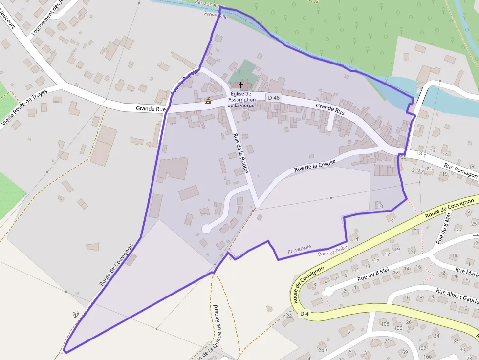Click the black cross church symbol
(x=240, y=85)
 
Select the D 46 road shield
(x=274, y=98)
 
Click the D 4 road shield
(x=305, y=313)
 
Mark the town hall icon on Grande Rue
(x=208, y=101)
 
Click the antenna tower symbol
(x=76, y=315)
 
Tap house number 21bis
(x=417, y=169)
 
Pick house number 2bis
(x=322, y=350)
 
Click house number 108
(x=385, y=324)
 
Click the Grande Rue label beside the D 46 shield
(x=330, y=109)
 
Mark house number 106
(x=398, y=328)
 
